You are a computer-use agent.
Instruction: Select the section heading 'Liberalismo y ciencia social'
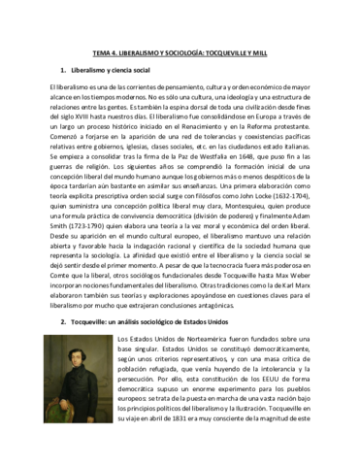[x=117, y=71]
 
